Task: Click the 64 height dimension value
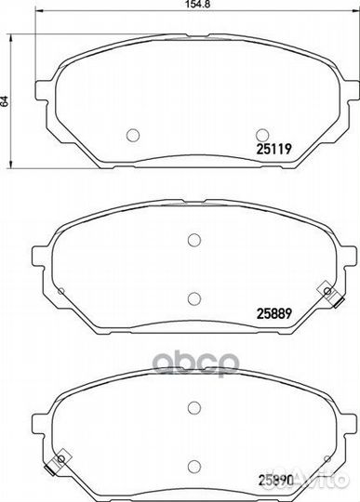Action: click(4, 101)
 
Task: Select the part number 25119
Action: click(274, 149)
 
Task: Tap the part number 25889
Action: click(273, 313)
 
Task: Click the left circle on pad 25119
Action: click(133, 135)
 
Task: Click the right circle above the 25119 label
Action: click(262, 135)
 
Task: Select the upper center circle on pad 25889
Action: click(194, 240)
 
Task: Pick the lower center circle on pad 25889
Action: click(194, 298)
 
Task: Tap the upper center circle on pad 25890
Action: click(194, 407)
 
